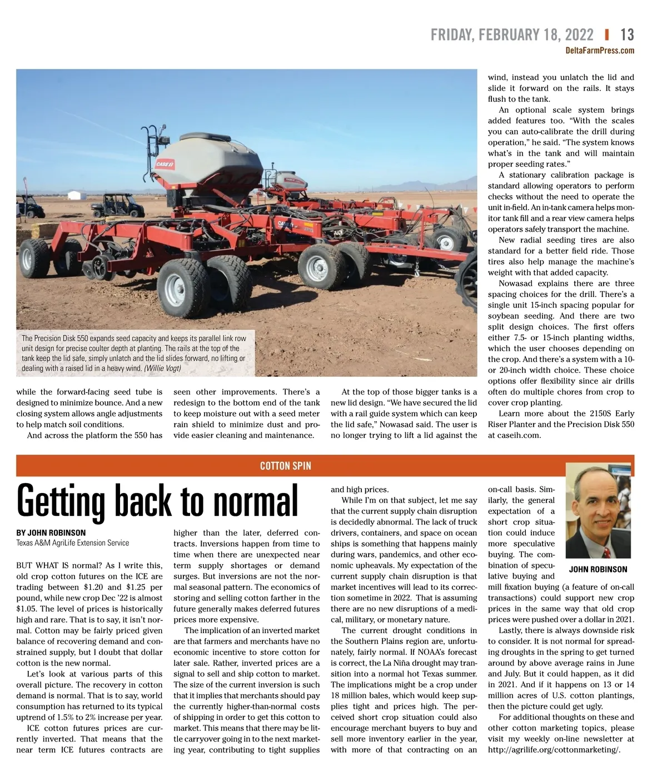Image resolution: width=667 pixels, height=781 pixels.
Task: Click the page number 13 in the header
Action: (627, 34)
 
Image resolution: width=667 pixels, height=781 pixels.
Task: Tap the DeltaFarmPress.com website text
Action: (599, 51)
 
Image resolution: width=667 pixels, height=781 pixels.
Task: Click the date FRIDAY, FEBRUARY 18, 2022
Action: (512, 34)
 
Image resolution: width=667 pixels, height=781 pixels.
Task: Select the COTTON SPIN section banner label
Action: (286, 466)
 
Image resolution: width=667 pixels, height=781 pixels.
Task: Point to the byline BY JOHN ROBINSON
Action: (51, 533)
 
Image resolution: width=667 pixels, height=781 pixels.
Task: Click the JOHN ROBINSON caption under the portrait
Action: (598, 569)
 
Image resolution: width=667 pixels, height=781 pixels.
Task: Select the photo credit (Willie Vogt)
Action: (162, 368)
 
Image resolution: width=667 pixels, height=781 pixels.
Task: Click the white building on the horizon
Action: (74, 195)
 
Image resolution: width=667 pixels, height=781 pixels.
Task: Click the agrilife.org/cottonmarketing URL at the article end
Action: (554, 749)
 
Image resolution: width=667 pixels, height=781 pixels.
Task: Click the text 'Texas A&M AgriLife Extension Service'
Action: (73, 543)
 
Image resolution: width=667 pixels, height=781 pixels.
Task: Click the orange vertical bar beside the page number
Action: (606, 34)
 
